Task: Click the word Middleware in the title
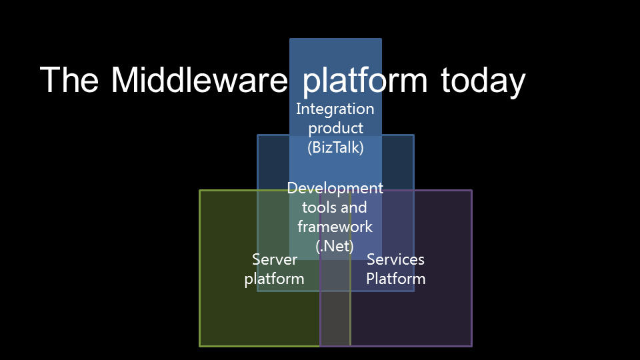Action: [199, 80]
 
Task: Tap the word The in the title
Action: [70, 80]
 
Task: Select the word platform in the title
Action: [365, 81]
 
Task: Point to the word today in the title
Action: [483, 81]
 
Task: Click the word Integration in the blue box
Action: [335, 109]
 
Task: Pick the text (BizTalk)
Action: [335, 147]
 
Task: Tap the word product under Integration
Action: [335, 128]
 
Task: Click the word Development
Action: [335, 189]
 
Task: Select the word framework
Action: [335, 227]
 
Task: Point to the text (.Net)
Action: [335, 246]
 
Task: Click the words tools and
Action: [335, 208]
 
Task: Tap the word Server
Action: [275, 259]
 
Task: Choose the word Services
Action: [395, 259]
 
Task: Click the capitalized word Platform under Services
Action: [395, 279]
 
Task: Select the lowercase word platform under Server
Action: [275, 279]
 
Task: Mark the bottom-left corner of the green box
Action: [200, 345]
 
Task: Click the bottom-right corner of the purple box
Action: [471, 345]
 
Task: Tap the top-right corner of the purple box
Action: [471, 191]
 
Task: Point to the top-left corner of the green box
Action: [200, 191]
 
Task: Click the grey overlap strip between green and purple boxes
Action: [335, 320]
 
